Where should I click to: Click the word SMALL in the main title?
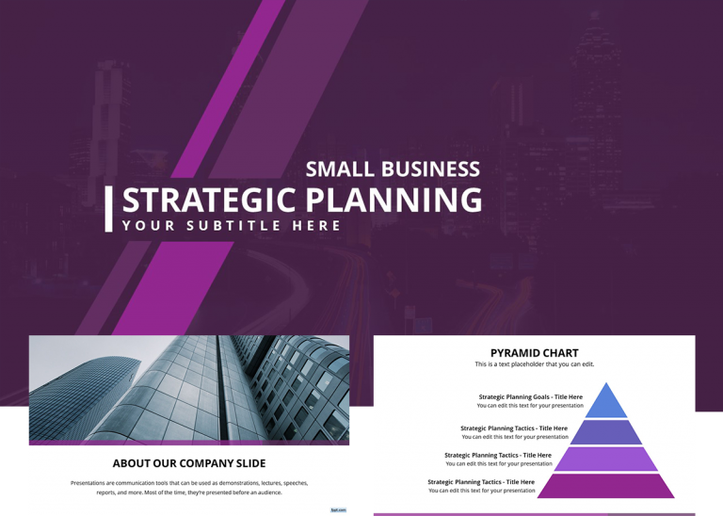pyautogui.click(x=339, y=169)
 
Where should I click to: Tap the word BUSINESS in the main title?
pyautogui.click(x=429, y=169)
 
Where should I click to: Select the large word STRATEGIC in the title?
pyautogui.click(x=209, y=201)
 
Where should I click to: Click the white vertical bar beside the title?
pyautogui.click(x=109, y=209)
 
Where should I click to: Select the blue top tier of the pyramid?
pyautogui.click(x=607, y=402)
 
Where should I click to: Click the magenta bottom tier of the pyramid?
pyautogui.click(x=607, y=486)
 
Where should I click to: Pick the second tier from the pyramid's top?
pyautogui.click(x=607, y=432)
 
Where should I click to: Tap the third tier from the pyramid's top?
pyautogui.click(x=607, y=459)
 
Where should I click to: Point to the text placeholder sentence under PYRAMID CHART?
pyautogui.click(x=534, y=364)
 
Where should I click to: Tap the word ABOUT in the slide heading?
pyautogui.click(x=132, y=463)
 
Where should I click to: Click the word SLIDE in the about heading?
pyautogui.click(x=249, y=463)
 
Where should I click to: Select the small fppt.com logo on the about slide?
pyautogui.click(x=338, y=509)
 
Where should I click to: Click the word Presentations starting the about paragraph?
pyautogui.click(x=92, y=483)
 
